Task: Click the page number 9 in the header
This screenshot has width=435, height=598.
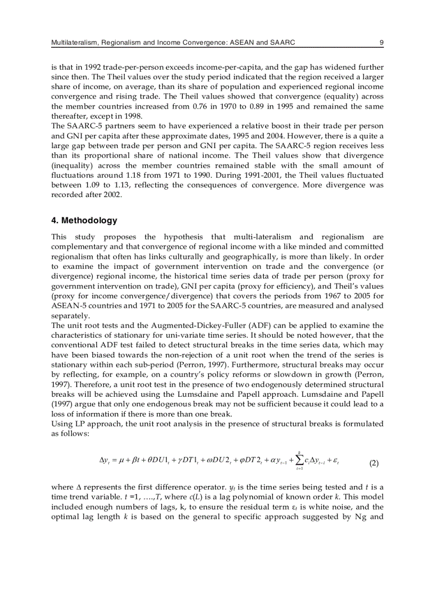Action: point(381,42)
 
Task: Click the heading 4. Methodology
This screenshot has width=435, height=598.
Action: point(84,220)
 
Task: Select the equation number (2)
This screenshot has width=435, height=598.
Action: point(374,463)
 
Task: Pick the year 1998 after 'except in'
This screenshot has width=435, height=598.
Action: point(133,116)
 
